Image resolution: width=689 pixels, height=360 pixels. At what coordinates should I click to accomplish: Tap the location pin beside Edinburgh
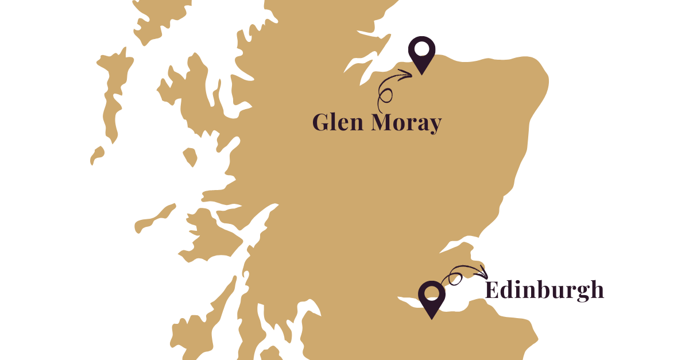[x=431, y=297]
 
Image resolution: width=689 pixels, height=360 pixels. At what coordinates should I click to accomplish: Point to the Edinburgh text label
[x=544, y=290]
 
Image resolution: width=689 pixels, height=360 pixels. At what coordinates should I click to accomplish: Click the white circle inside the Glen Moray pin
[x=422, y=48]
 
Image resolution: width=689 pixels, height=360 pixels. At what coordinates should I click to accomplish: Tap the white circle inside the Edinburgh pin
[x=431, y=293]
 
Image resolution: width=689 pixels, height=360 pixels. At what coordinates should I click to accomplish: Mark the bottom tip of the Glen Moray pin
[x=422, y=73]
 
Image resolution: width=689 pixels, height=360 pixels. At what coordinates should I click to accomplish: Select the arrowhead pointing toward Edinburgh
[x=483, y=273]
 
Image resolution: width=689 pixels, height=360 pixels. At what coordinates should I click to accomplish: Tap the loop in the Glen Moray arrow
[x=385, y=96]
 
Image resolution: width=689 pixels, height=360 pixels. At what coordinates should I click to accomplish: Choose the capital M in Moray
[x=382, y=122]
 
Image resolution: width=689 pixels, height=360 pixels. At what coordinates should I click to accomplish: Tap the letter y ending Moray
[x=435, y=125]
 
